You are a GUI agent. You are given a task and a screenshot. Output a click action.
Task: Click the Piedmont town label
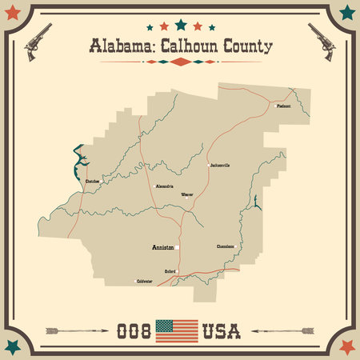[x=283, y=106]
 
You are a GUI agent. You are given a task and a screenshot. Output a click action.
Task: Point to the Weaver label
[x=187, y=194]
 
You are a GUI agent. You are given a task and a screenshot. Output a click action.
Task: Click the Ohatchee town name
[x=93, y=182]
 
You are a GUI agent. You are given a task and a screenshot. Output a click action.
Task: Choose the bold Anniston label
[x=163, y=248]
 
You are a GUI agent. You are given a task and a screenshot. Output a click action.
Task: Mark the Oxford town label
[x=170, y=272]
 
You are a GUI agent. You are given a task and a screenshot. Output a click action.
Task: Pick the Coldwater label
[x=144, y=282]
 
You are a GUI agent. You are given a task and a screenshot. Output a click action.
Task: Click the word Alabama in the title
[x=118, y=46]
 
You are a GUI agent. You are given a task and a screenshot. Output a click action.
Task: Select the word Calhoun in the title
[x=186, y=46]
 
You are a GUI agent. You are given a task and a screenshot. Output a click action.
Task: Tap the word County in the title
[x=246, y=46]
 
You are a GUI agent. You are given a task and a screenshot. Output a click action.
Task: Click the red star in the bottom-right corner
[x=347, y=346]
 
